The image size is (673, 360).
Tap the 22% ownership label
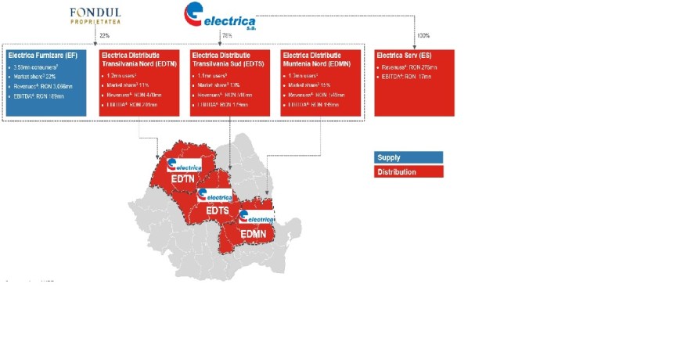(x=103, y=35)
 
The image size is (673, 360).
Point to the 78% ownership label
(x=227, y=35)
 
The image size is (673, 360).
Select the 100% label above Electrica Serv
(x=423, y=35)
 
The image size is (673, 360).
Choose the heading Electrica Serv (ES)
(x=405, y=56)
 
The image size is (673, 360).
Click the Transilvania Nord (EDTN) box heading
(x=139, y=60)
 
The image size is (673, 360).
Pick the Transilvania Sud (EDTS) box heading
(x=229, y=60)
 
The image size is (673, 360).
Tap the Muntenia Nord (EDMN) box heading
(x=320, y=60)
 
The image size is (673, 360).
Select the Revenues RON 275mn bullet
(x=408, y=69)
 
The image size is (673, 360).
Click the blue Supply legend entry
(x=408, y=157)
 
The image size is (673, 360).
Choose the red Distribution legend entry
(x=408, y=171)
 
